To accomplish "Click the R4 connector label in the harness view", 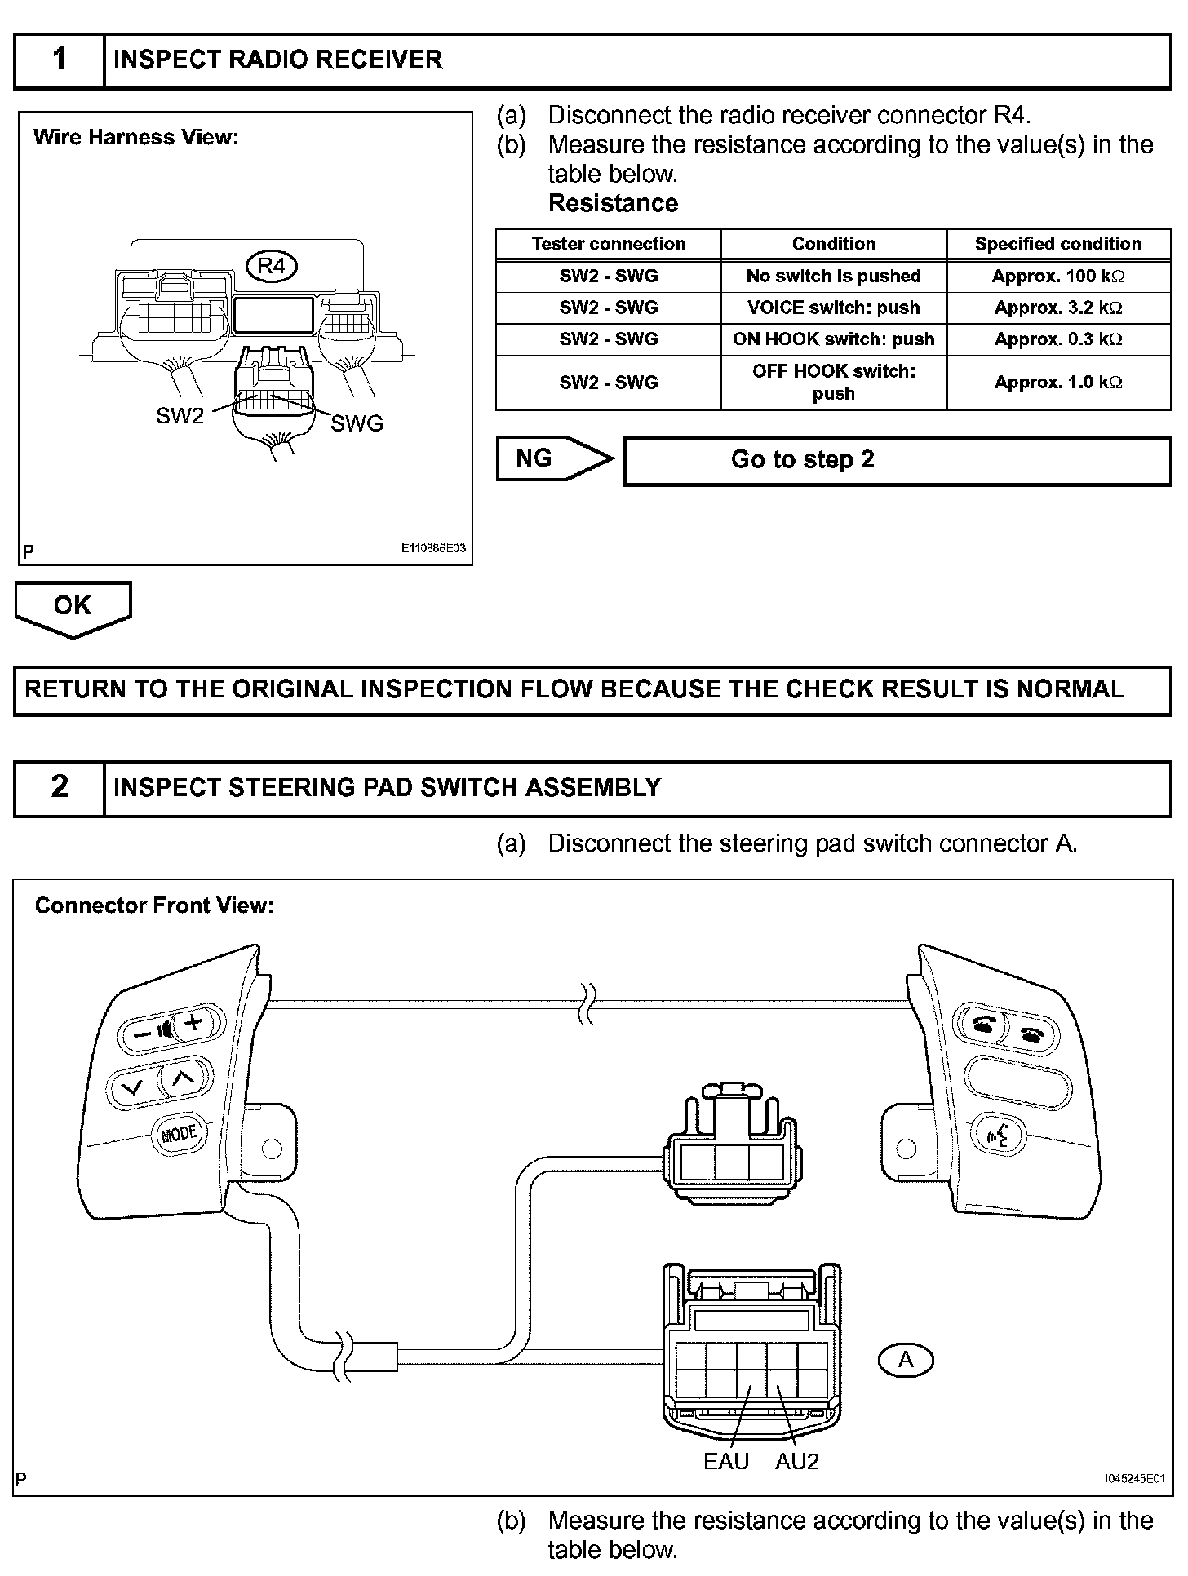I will pos(272,266).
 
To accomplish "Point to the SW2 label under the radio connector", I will pos(180,416).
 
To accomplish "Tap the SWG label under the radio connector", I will pos(357,423).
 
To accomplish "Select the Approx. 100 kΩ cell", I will pos(1058,277).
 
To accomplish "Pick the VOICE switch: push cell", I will pos(833,308).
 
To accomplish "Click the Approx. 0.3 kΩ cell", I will pos(1058,339).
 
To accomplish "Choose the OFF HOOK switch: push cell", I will pos(833,382).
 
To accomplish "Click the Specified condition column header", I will pos(1058,244).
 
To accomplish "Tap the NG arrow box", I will pos(553,458).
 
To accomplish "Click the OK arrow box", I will pos(73,607).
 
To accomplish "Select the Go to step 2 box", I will pos(897,460).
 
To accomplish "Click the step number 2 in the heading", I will pos(60,787).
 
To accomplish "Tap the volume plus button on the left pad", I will pos(193,1023).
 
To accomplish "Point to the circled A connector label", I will pos(906,1359).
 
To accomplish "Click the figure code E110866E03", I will pos(432,548).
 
